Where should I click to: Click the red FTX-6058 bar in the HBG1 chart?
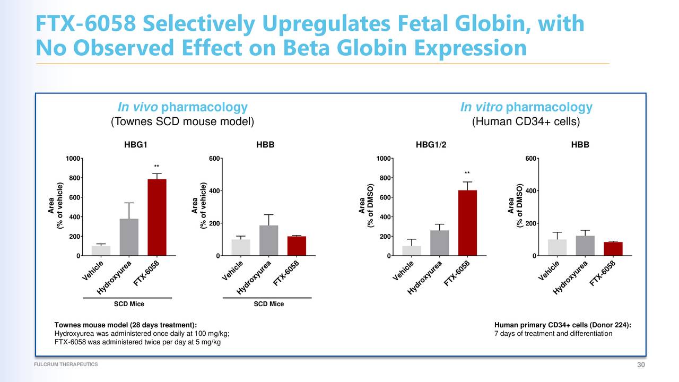[157, 218]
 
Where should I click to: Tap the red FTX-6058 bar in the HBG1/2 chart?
[467, 223]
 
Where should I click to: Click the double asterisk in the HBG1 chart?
[156, 167]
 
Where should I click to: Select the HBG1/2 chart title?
[432, 145]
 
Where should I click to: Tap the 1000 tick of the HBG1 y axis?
[73, 159]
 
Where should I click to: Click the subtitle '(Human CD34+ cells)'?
[526, 122]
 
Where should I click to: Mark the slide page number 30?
[642, 364]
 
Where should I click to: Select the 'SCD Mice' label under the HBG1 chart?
[129, 304]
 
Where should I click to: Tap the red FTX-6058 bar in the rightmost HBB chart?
[613, 249]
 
